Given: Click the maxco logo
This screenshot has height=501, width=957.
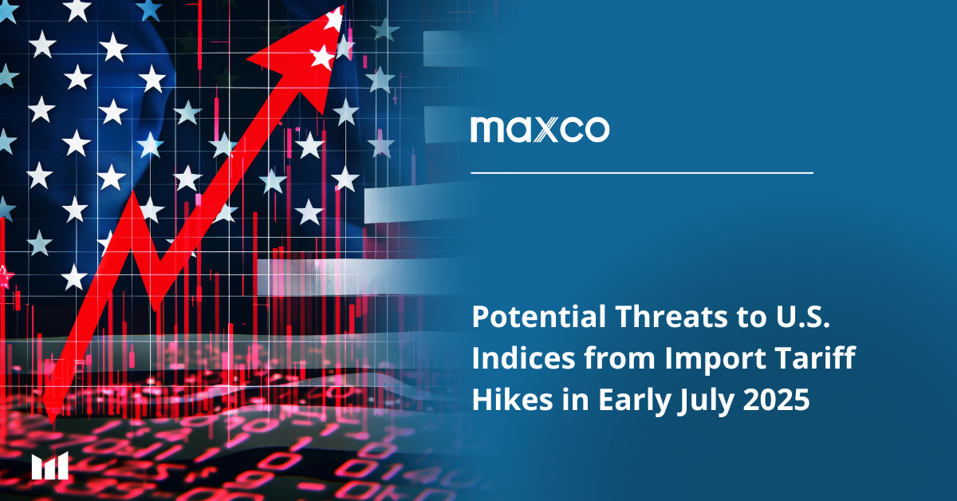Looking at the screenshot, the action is point(540,129).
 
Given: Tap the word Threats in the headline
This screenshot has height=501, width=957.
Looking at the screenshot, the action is point(671,317).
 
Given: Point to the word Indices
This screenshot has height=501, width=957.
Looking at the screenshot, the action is point(523,357).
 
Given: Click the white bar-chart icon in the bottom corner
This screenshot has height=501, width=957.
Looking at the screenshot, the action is point(50,466).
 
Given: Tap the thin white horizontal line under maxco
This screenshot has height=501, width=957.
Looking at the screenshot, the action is point(642,173).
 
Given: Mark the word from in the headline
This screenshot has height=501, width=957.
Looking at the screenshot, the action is point(620,357).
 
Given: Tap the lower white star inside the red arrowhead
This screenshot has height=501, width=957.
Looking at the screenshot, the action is point(321,57).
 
